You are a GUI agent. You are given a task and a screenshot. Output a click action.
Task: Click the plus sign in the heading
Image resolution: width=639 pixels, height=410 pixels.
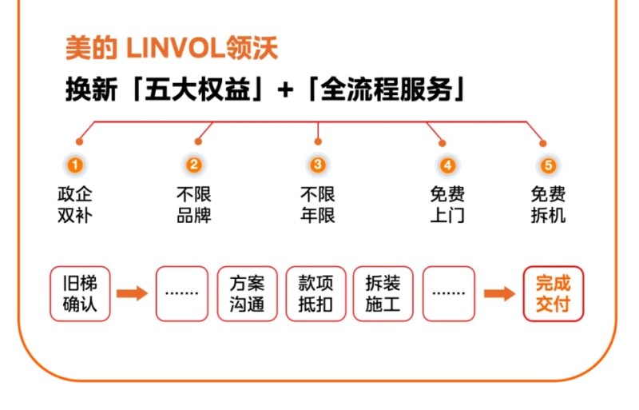click(285, 90)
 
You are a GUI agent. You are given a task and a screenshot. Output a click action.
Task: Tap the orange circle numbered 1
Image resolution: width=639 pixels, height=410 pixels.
click(74, 165)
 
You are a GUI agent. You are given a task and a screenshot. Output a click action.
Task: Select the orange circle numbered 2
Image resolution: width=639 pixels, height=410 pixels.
click(194, 165)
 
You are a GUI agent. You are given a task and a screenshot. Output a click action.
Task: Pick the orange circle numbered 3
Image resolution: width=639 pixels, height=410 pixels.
click(318, 165)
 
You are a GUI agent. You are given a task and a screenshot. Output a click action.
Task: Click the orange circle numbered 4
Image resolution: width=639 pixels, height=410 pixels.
click(447, 165)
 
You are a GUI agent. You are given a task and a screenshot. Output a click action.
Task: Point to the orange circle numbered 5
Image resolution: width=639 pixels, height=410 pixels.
click(548, 165)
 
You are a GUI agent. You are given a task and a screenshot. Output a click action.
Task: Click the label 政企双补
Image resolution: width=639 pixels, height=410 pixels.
click(74, 205)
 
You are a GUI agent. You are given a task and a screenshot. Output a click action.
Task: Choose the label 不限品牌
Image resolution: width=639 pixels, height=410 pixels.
click(194, 205)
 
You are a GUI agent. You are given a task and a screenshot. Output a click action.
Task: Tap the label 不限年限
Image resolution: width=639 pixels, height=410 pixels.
click(318, 205)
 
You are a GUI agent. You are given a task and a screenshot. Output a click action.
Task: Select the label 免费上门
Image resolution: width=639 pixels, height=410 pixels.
click(447, 205)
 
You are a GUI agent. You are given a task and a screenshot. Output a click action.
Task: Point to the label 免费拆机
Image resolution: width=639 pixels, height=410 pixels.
click(548, 205)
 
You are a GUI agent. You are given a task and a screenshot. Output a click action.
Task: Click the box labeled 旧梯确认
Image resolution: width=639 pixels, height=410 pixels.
click(80, 293)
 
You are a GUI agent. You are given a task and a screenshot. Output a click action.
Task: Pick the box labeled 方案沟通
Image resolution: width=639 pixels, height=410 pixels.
click(248, 293)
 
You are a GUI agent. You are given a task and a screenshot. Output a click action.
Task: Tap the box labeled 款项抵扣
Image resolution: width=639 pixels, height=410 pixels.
click(316, 293)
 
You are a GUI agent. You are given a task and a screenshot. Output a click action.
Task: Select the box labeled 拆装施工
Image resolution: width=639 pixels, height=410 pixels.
click(383, 293)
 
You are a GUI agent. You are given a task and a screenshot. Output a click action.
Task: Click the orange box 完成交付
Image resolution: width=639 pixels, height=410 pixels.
click(554, 293)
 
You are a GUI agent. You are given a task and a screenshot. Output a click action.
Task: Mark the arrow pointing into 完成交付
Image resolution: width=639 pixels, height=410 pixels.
click(500, 293)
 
